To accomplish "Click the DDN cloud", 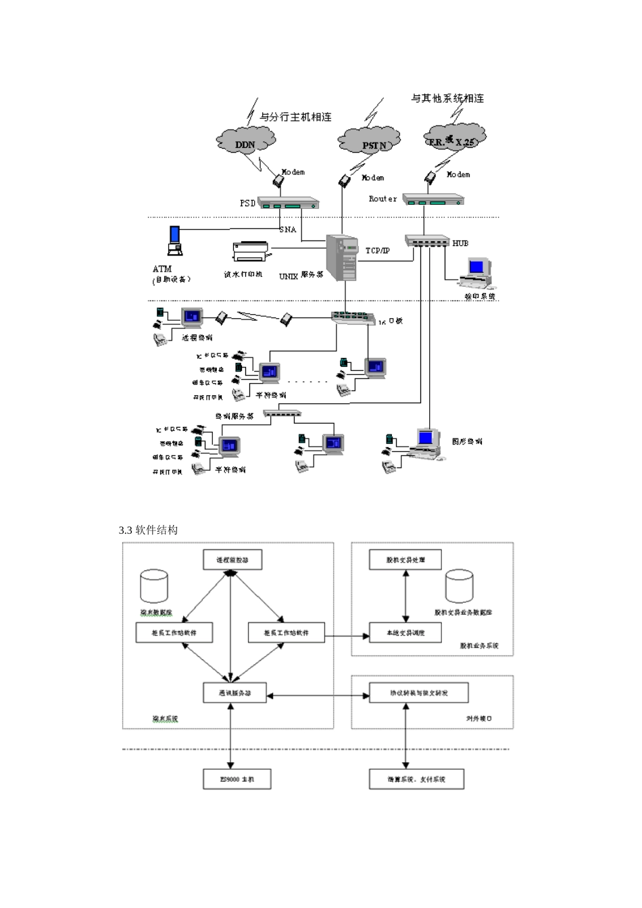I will [x=245, y=141].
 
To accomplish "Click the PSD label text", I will [x=248, y=203].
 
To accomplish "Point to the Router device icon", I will [x=433, y=199].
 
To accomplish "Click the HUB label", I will [x=460, y=243].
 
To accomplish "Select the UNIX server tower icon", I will [x=343, y=258].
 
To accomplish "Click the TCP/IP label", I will [x=378, y=251].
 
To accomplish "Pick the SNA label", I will [x=288, y=230].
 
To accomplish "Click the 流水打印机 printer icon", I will [x=251, y=251].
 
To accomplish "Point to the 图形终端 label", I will [x=467, y=441].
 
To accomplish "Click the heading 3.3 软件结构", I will [x=148, y=530].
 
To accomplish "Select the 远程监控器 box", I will [x=232, y=560].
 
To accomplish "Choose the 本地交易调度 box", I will [x=405, y=632].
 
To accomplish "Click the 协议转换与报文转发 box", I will [x=418, y=693].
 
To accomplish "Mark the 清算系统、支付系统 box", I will [x=416, y=779].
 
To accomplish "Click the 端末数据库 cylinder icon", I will [x=154, y=586].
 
